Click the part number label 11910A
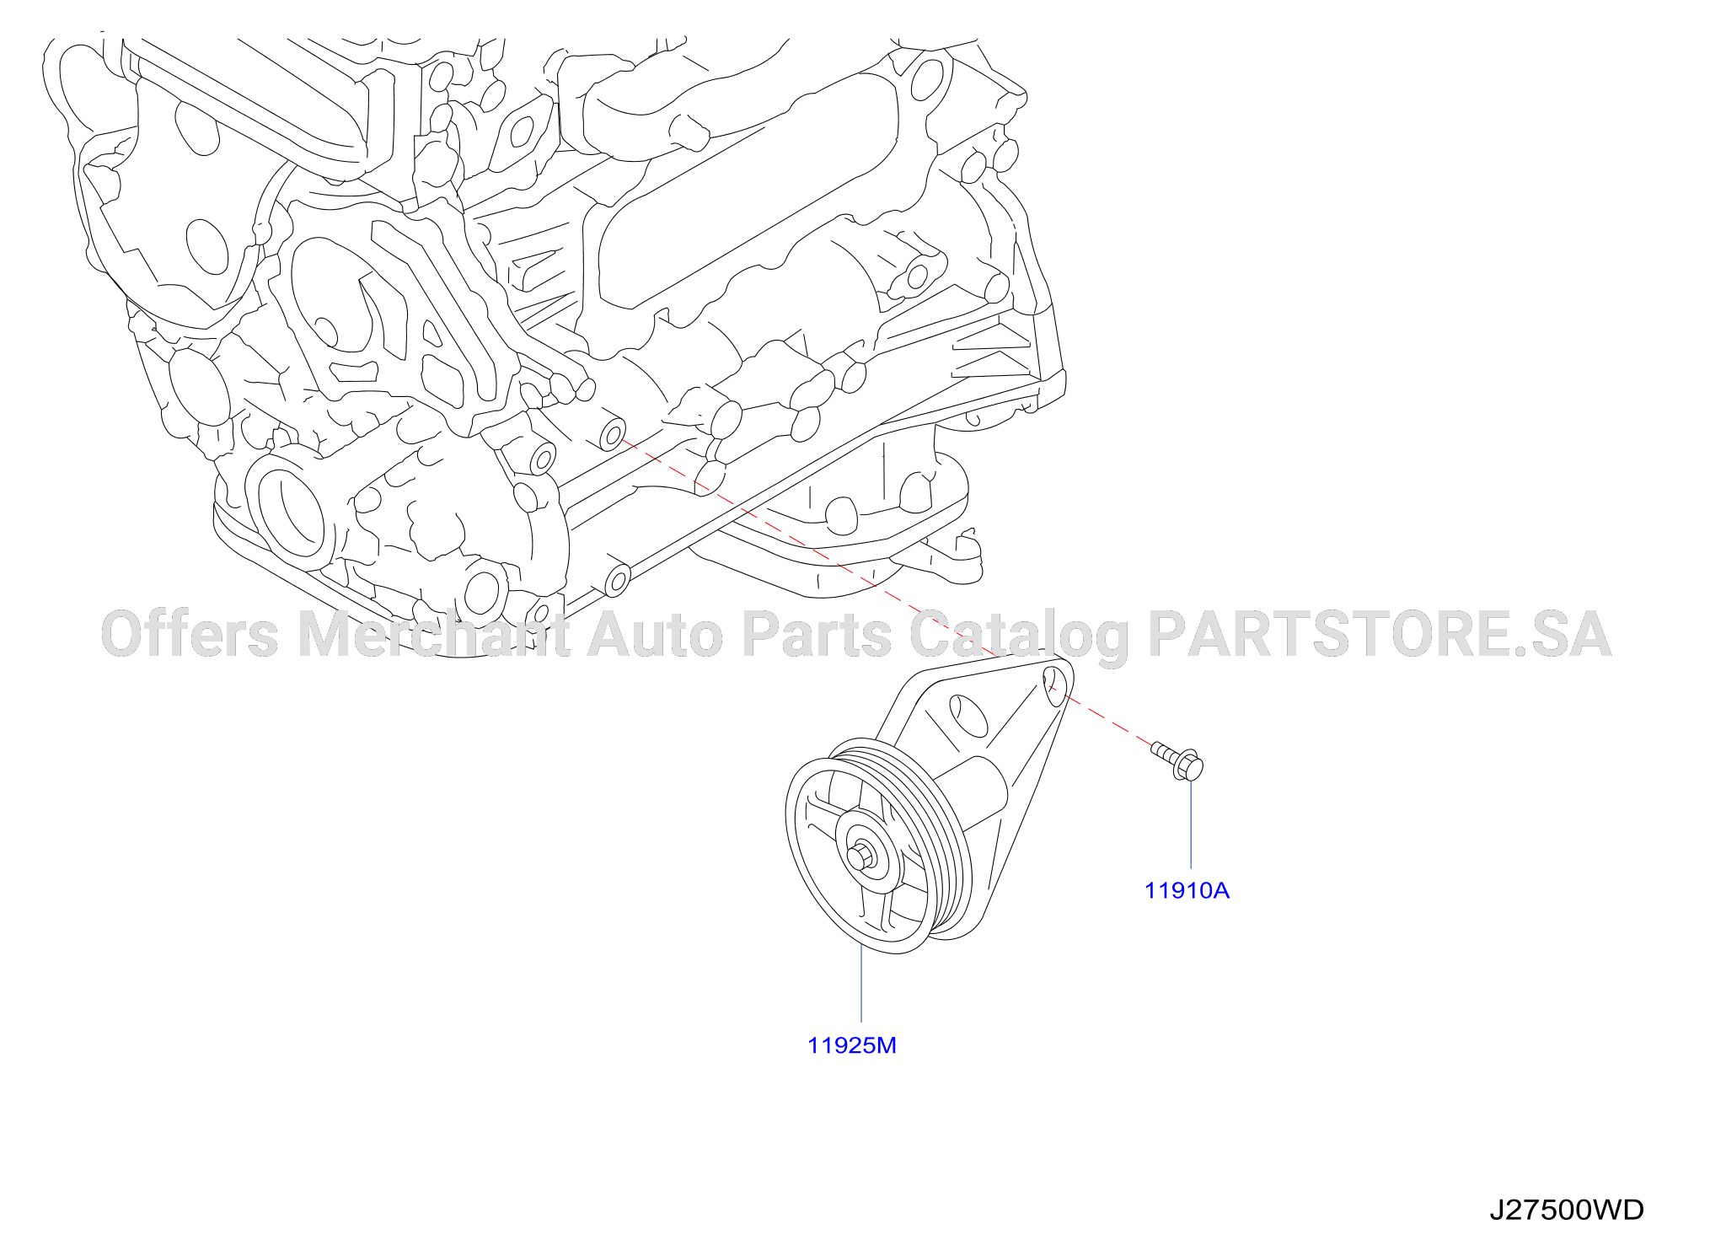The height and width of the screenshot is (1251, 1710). (x=1187, y=890)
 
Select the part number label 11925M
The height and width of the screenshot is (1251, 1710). (x=852, y=1045)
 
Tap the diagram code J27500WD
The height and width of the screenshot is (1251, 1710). (x=1567, y=1210)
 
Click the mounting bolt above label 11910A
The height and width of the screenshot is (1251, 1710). (x=1178, y=760)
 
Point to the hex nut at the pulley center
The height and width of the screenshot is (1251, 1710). (x=860, y=857)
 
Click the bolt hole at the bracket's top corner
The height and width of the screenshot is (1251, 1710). (x=1054, y=685)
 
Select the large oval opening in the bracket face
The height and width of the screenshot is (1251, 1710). (x=968, y=716)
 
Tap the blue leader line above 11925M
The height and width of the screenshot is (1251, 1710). (x=861, y=984)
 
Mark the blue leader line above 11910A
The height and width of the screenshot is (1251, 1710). (x=1191, y=824)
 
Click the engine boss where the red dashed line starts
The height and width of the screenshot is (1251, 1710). (x=612, y=434)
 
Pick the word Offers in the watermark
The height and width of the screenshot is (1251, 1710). (x=190, y=634)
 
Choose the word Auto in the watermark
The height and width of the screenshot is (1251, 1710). (x=655, y=634)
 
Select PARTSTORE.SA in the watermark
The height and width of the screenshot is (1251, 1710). (x=1380, y=634)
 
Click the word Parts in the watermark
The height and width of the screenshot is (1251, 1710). (x=817, y=634)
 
